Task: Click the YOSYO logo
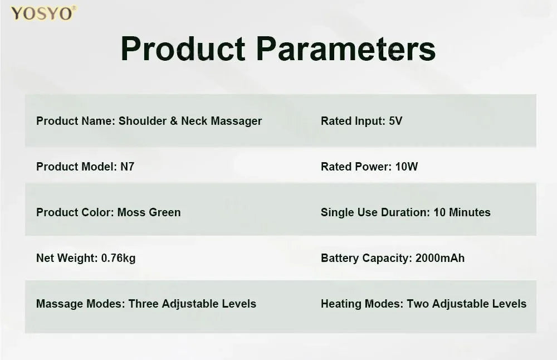click(43, 13)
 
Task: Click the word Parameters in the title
click(346, 49)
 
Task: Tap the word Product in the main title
click(183, 49)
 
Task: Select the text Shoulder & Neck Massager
click(190, 121)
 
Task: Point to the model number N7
click(127, 167)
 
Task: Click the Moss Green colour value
click(149, 212)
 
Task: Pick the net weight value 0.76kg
click(118, 259)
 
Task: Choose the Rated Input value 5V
click(395, 121)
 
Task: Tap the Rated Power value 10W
click(407, 167)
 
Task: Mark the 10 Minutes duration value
click(462, 212)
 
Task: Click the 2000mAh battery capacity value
click(440, 258)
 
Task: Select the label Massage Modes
click(81, 304)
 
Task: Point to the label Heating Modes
click(363, 304)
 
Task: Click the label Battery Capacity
click(367, 259)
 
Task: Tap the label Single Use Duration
click(376, 212)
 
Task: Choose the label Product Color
click(75, 212)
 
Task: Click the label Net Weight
click(67, 259)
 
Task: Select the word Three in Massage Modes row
click(144, 304)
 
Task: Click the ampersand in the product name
click(174, 121)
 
